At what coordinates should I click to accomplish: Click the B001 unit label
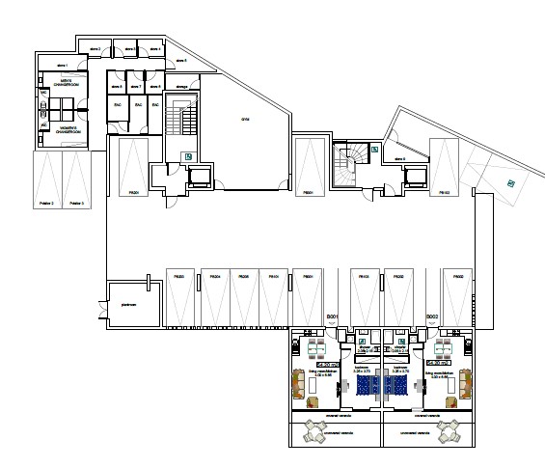(x=334, y=317)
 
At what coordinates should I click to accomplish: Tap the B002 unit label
(x=433, y=317)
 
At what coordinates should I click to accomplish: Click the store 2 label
(x=95, y=47)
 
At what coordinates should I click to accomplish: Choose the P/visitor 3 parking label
(x=76, y=204)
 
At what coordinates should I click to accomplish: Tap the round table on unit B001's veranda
(x=313, y=431)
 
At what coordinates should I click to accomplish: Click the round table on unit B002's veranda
(x=450, y=431)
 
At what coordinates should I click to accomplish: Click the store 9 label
(x=397, y=158)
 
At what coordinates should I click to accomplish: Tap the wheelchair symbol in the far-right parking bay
(x=511, y=181)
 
